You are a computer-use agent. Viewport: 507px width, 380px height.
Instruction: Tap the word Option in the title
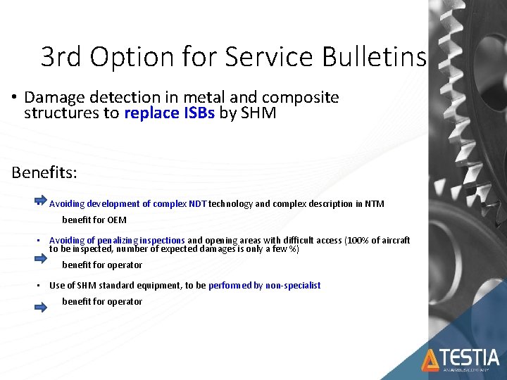coord(142,56)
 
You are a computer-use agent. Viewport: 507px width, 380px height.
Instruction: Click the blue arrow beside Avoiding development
coord(41,201)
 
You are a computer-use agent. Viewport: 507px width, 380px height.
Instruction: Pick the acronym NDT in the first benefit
coord(198,204)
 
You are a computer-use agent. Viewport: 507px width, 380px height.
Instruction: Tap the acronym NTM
coord(375,204)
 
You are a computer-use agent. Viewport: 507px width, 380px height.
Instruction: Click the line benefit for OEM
coord(94,220)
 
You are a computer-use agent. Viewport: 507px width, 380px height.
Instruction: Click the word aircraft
coord(396,241)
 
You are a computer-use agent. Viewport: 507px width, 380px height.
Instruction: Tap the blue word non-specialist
coord(293,286)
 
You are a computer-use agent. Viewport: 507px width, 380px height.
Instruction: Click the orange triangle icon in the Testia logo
coord(430,360)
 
